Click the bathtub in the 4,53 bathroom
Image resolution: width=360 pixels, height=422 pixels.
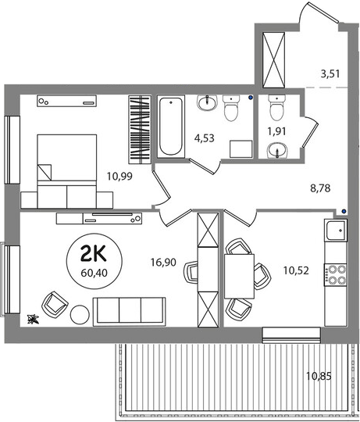click(171, 127)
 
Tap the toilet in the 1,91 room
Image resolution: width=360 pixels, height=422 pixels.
click(277, 108)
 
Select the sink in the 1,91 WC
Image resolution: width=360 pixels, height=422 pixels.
click(277, 151)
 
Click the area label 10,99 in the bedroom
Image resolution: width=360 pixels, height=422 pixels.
click(119, 177)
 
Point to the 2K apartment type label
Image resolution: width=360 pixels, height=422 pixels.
click(94, 254)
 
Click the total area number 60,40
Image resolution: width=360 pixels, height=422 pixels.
click(94, 274)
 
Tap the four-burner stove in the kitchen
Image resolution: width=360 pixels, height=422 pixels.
click(336, 274)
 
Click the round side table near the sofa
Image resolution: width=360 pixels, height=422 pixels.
click(80, 314)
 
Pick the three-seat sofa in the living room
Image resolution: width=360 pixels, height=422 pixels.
click(129, 312)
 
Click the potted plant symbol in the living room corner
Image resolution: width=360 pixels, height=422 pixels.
click(33, 319)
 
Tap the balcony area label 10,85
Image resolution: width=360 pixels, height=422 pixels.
click(319, 376)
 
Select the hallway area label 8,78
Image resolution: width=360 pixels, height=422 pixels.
click(320, 188)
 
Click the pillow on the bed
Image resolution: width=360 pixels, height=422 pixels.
click(44, 172)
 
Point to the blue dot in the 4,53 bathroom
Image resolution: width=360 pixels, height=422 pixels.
click(251, 98)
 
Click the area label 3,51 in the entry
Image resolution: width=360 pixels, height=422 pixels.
click(330, 73)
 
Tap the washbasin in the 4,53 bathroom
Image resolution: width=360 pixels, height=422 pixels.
click(207, 102)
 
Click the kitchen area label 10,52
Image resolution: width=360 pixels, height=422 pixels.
click(296, 270)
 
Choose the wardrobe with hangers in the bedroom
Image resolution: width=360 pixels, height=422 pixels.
click(140, 130)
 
